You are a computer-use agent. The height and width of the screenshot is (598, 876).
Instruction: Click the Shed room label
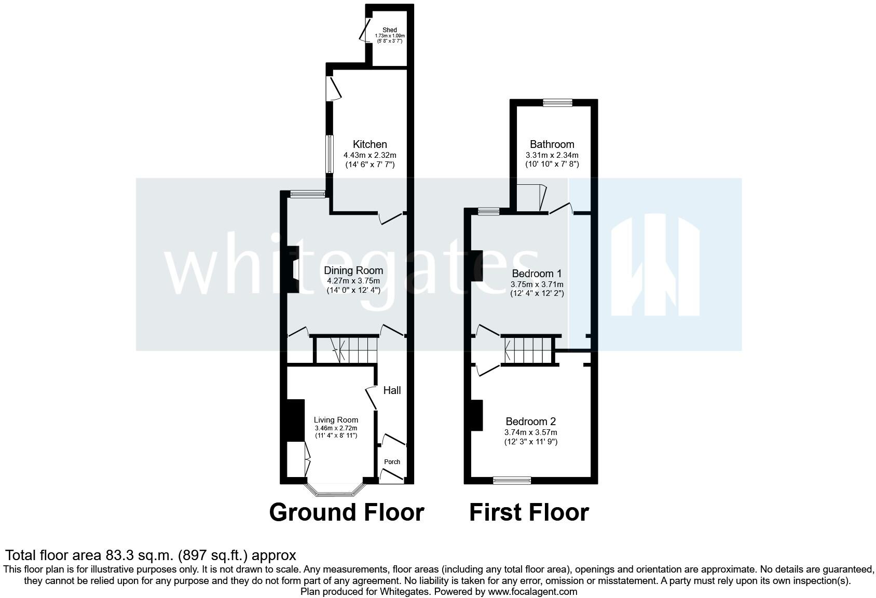(389, 30)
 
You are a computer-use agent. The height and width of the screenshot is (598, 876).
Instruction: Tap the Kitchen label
(370, 144)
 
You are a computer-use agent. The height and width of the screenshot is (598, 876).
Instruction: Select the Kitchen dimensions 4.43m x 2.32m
(370, 155)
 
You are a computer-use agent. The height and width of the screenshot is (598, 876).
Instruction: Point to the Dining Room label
(353, 270)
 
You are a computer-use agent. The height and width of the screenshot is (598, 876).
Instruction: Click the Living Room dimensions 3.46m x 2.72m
(336, 428)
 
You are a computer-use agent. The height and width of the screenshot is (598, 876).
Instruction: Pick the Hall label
(392, 390)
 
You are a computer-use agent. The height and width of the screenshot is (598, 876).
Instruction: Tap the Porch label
(392, 462)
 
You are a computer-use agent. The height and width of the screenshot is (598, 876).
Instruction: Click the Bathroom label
(552, 144)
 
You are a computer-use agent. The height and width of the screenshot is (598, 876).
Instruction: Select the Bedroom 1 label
(537, 274)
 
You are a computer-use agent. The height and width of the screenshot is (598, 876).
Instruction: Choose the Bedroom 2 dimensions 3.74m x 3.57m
(531, 432)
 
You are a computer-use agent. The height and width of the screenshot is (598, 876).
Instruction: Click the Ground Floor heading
(347, 512)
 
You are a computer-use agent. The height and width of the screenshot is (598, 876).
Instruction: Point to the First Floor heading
(529, 512)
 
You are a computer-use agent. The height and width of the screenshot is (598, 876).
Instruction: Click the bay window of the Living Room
(335, 490)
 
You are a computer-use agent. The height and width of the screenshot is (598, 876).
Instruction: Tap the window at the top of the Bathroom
(558, 103)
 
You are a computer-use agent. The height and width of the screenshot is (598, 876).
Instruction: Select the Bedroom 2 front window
(512, 481)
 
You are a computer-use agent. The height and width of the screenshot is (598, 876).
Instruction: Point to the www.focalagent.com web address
(532, 591)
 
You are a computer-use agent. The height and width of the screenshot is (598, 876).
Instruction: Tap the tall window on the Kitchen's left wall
(329, 154)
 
